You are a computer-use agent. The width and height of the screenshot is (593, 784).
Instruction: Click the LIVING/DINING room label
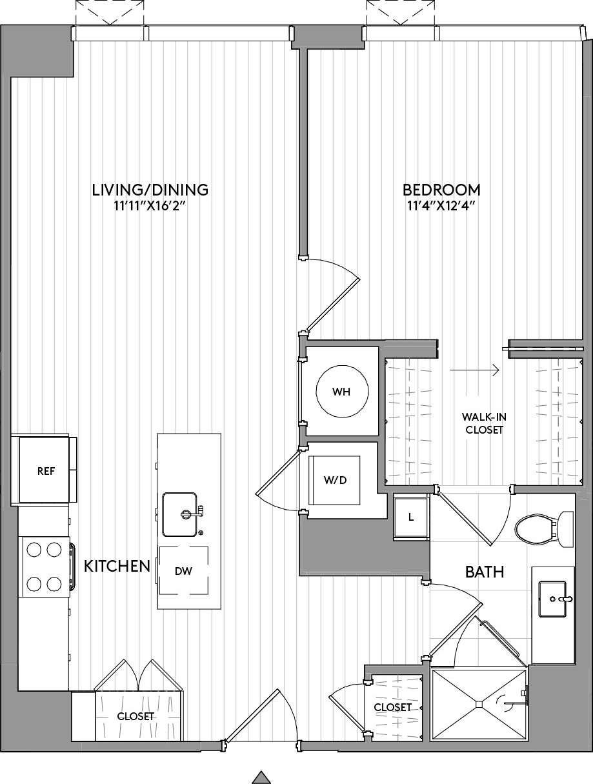click(x=150, y=190)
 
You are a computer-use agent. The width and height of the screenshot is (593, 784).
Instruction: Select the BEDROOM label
click(x=441, y=190)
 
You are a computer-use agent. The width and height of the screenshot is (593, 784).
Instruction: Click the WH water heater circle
click(x=342, y=392)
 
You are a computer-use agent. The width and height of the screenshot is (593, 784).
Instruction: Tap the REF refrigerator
click(x=45, y=470)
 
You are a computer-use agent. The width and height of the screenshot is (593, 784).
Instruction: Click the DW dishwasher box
click(x=184, y=571)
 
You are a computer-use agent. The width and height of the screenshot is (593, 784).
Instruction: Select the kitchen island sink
click(x=180, y=514)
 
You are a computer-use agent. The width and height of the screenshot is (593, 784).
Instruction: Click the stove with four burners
click(x=44, y=567)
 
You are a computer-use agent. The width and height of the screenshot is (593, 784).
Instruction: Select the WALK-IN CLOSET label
click(x=483, y=423)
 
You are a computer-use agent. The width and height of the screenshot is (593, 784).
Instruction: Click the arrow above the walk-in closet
click(x=475, y=370)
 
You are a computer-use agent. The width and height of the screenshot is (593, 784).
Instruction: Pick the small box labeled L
click(x=411, y=517)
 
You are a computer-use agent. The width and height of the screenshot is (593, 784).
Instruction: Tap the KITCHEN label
click(x=117, y=567)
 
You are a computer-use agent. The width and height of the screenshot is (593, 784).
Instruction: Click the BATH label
click(x=485, y=572)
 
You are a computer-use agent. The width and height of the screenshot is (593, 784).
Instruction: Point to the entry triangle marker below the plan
click(x=260, y=777)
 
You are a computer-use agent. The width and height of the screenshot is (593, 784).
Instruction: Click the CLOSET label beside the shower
click(x=393, y=707)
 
